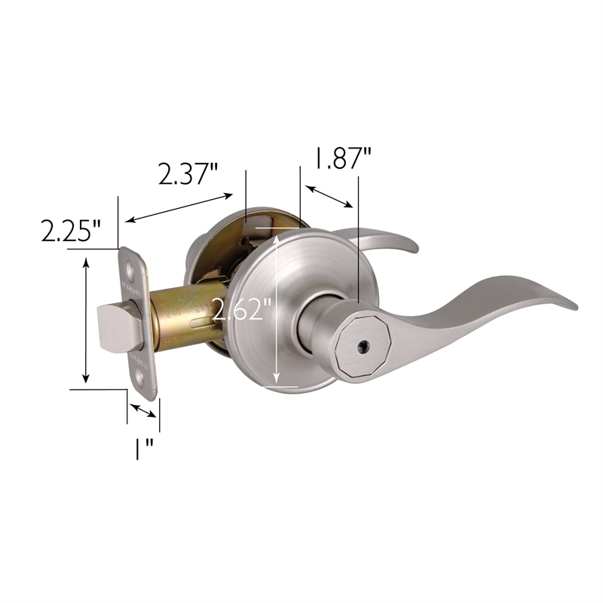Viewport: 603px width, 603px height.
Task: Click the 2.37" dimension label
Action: pos(188,174)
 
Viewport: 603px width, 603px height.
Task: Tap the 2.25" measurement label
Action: pos(71,231)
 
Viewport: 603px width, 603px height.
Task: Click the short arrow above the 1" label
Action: pos(142,410)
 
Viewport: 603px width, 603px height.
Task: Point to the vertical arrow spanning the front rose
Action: pos(278,309)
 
